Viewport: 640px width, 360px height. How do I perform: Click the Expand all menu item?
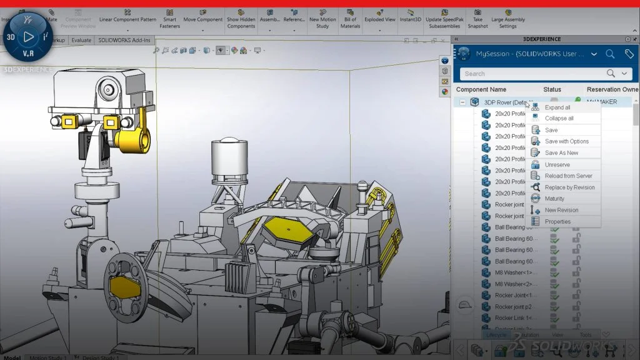[x=557, y=107]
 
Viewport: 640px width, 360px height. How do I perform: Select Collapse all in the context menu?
[x=559, y=119]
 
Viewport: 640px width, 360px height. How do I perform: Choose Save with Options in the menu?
[x=566, y=142]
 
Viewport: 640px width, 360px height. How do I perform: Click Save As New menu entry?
[x=561, y=153]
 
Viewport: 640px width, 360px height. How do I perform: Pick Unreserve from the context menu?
[x=557, y=165]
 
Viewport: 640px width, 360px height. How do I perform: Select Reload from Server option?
[x=568, y=176]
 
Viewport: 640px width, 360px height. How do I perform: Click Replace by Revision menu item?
[x=569, y=187]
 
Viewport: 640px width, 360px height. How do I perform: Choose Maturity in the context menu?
[x=554, y=199]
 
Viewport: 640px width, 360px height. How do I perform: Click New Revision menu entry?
[x=561, y=210]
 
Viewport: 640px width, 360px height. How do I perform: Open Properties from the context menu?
[x=557, y=221]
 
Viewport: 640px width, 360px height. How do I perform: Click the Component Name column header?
[x=481, y=90]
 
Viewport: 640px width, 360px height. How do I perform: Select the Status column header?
[x=552, y=90]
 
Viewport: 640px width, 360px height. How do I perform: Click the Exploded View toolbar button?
[x=379, y=19]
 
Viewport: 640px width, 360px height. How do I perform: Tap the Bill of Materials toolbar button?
[x=350, y=19]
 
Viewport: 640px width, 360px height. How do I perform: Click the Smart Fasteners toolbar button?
[x=169, y=19]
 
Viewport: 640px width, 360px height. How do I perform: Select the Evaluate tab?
[x=81, y=40]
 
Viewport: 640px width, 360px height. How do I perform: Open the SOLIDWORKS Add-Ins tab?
[x=124, y=40]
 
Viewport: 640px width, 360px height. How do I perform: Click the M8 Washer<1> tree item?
[x=511, y=273]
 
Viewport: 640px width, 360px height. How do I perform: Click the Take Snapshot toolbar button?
[x=477, y=19]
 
